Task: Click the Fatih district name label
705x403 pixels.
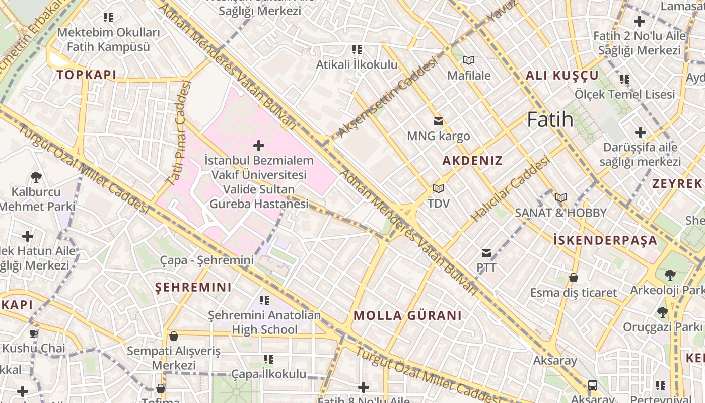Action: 550,120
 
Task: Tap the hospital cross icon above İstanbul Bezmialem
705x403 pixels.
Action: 259,146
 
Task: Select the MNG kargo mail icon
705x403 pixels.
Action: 439,121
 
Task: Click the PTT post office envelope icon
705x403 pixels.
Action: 486,253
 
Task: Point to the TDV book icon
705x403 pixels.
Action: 439,189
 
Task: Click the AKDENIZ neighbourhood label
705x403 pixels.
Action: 472,161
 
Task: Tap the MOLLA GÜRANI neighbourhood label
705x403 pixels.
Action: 407,316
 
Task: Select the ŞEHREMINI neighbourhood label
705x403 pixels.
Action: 193,288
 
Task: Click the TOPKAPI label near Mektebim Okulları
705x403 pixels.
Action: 86,75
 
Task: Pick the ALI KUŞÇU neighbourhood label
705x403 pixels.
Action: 562,76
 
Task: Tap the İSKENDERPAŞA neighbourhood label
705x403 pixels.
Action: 605,240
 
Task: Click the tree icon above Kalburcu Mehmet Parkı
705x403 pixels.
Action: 36,177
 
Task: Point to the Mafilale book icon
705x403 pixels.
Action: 469,60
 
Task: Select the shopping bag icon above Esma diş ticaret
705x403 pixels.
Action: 573,278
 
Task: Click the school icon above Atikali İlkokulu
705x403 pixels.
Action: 357,50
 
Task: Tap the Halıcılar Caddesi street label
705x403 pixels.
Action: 510,189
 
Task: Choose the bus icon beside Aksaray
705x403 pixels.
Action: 593,385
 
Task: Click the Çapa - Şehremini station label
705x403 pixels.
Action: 207,260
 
